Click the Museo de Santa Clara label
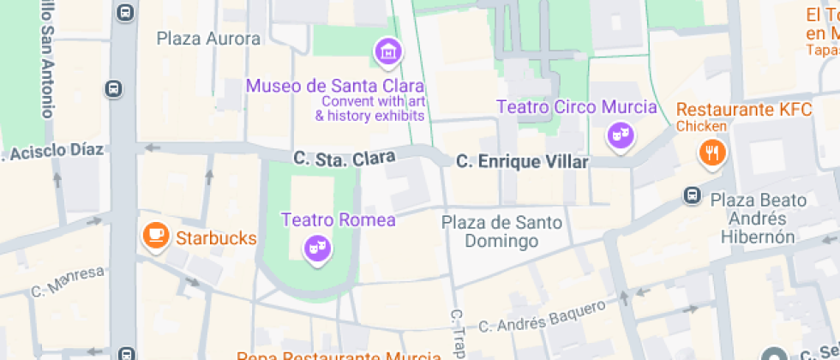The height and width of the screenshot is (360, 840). [335, 86]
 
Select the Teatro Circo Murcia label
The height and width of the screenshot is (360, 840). [577, 107]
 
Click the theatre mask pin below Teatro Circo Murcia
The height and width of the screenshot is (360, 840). [619, 135]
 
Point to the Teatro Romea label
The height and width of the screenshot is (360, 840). [339, 219]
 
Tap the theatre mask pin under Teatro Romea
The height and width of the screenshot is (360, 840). [318, 249]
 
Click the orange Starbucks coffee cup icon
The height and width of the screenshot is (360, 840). [155, 237]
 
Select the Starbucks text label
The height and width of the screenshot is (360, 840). [216, 237]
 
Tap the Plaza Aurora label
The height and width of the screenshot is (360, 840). [208, 39]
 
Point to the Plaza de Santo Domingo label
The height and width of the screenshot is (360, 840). [501, 231]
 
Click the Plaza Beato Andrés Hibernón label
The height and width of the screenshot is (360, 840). [758, 219]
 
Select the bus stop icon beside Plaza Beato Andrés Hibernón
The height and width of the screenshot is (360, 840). [691, 196]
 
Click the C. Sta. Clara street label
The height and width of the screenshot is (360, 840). [344, 159]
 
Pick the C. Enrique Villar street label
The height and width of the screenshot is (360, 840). [522, 161]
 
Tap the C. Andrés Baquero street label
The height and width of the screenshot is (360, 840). [542, 317]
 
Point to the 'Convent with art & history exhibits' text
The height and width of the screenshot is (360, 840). [370, 108]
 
